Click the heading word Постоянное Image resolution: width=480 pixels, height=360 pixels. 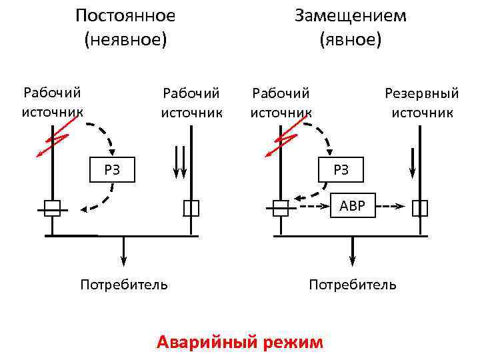coord(125,15)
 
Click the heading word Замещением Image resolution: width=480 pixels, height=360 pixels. coord(350,15)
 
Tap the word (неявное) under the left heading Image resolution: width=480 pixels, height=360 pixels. coord(125,40)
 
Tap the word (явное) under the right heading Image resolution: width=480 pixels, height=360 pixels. coord(350,40)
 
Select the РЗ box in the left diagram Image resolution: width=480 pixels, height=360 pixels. coord(112,170)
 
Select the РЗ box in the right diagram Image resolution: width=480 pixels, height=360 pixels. coord(341,170)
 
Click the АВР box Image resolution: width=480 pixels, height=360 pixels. coord(353,206)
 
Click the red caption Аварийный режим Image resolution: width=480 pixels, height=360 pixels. coord(240,343)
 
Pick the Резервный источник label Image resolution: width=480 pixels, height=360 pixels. coord(422,103)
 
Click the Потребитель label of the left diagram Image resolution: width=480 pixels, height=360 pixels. coord(124,285)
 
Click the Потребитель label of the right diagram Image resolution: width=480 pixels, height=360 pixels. coord(353,285)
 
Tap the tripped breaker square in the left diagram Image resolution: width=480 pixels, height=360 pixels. coord(52,208)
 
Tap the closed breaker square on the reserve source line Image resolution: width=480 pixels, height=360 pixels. coord(420,208)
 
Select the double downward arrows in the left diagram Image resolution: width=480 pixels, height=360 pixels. coord(180,162)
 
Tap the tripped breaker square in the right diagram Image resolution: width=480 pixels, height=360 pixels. coord(281,208)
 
